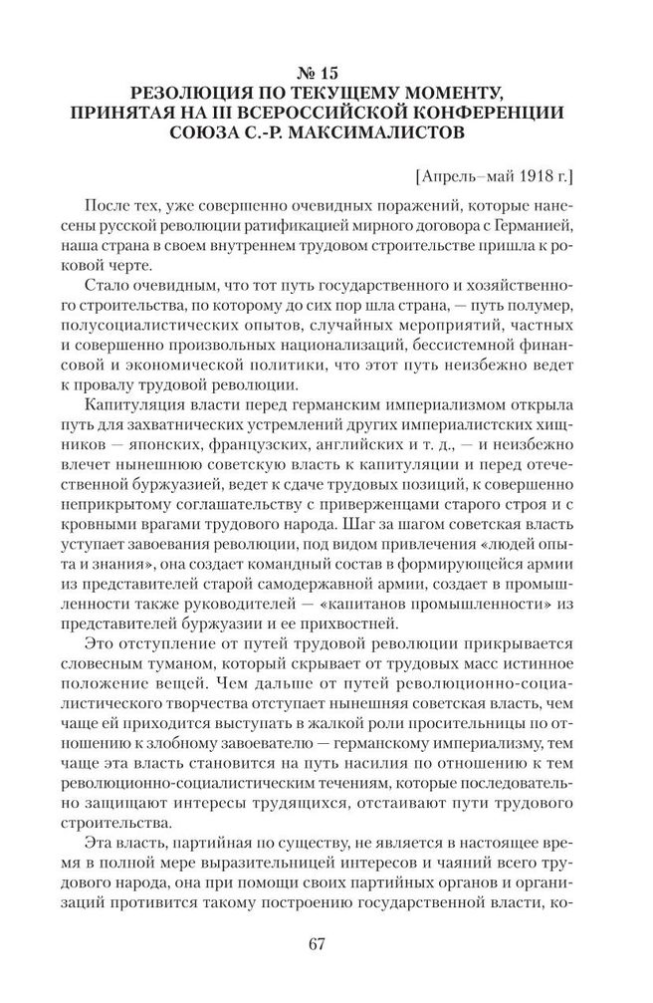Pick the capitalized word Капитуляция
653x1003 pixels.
[x=142, y=409]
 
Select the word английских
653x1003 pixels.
[x=381, y=449]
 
